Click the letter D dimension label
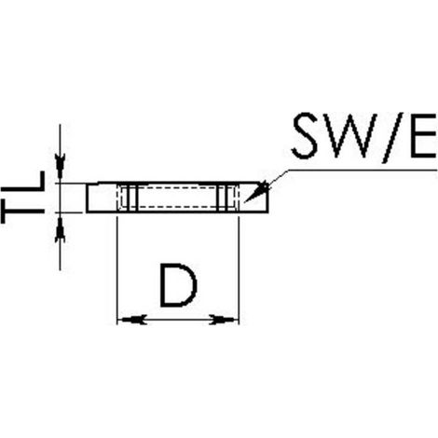(178, 285)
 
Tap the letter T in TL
(22, 212)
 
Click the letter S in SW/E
(305, 136)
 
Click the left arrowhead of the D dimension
(132, 320)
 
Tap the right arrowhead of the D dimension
(222, 320)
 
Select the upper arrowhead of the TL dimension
(60, 165)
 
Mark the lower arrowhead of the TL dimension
(60, 229)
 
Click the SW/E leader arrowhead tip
(245, 202)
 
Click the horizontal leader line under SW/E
(363, 170)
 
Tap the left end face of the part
(87, 198)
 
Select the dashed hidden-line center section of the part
(178, 197)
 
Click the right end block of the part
(253, 198)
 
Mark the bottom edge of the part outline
(177, 212)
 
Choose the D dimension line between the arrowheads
(178, 320)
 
